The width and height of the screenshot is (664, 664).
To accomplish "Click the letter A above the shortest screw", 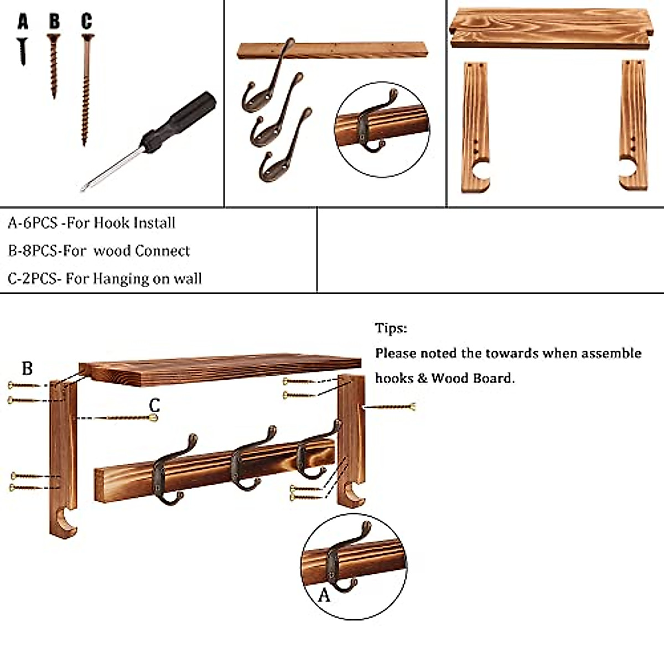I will point(23,22).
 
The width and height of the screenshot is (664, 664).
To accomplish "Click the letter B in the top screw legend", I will point(54,22).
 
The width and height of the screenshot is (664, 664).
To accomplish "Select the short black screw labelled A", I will point(23,51).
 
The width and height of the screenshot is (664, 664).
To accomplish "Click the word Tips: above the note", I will point(391,328).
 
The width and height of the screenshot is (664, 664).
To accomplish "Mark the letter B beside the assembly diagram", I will point(27,368).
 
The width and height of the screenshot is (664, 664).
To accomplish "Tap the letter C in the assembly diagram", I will point(154,405).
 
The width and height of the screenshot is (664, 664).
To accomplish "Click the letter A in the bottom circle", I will point(324,595).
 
